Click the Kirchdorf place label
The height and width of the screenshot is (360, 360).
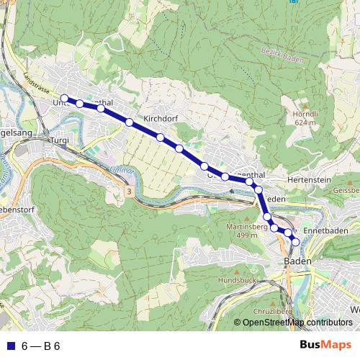(160, 118)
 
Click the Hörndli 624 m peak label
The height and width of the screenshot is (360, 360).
(305, 117)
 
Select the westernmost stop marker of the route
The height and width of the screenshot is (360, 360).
(64, 98)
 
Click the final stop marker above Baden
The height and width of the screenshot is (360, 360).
(294, 242)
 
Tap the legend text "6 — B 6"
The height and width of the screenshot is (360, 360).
(41, 346)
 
